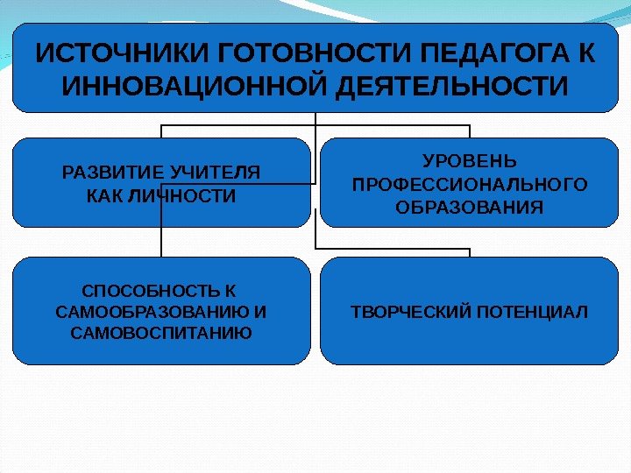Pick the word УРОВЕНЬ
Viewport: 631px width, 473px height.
point(470,162)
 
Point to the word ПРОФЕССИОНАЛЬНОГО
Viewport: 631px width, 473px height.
point(470,185)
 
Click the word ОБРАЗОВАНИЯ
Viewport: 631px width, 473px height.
point(470,208)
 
